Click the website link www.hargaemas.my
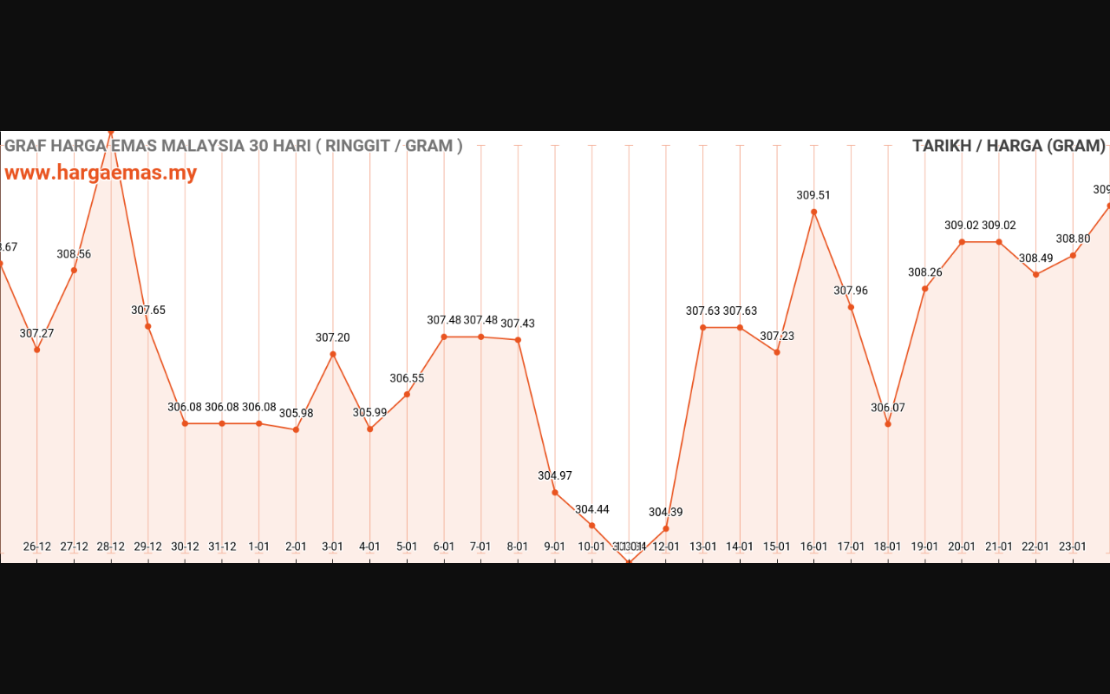point(101,173)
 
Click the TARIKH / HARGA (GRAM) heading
point(1009,146)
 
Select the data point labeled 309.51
point(813,212)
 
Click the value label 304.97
point(555,475)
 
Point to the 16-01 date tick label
point(813,547)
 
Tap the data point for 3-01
point(333,354)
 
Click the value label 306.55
point(407,378)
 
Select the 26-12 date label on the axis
point(36,547)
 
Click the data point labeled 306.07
point(888,424)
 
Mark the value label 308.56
point(74,254)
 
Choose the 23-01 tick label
point(1073,547)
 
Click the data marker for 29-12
point(148,326)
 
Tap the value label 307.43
point(518,324)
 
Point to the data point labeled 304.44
point(592,526)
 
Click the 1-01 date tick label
point(258,547)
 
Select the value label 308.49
point(1035,259)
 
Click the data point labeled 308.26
point(925,289)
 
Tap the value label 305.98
point(296,413)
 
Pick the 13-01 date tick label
point(702,547)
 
